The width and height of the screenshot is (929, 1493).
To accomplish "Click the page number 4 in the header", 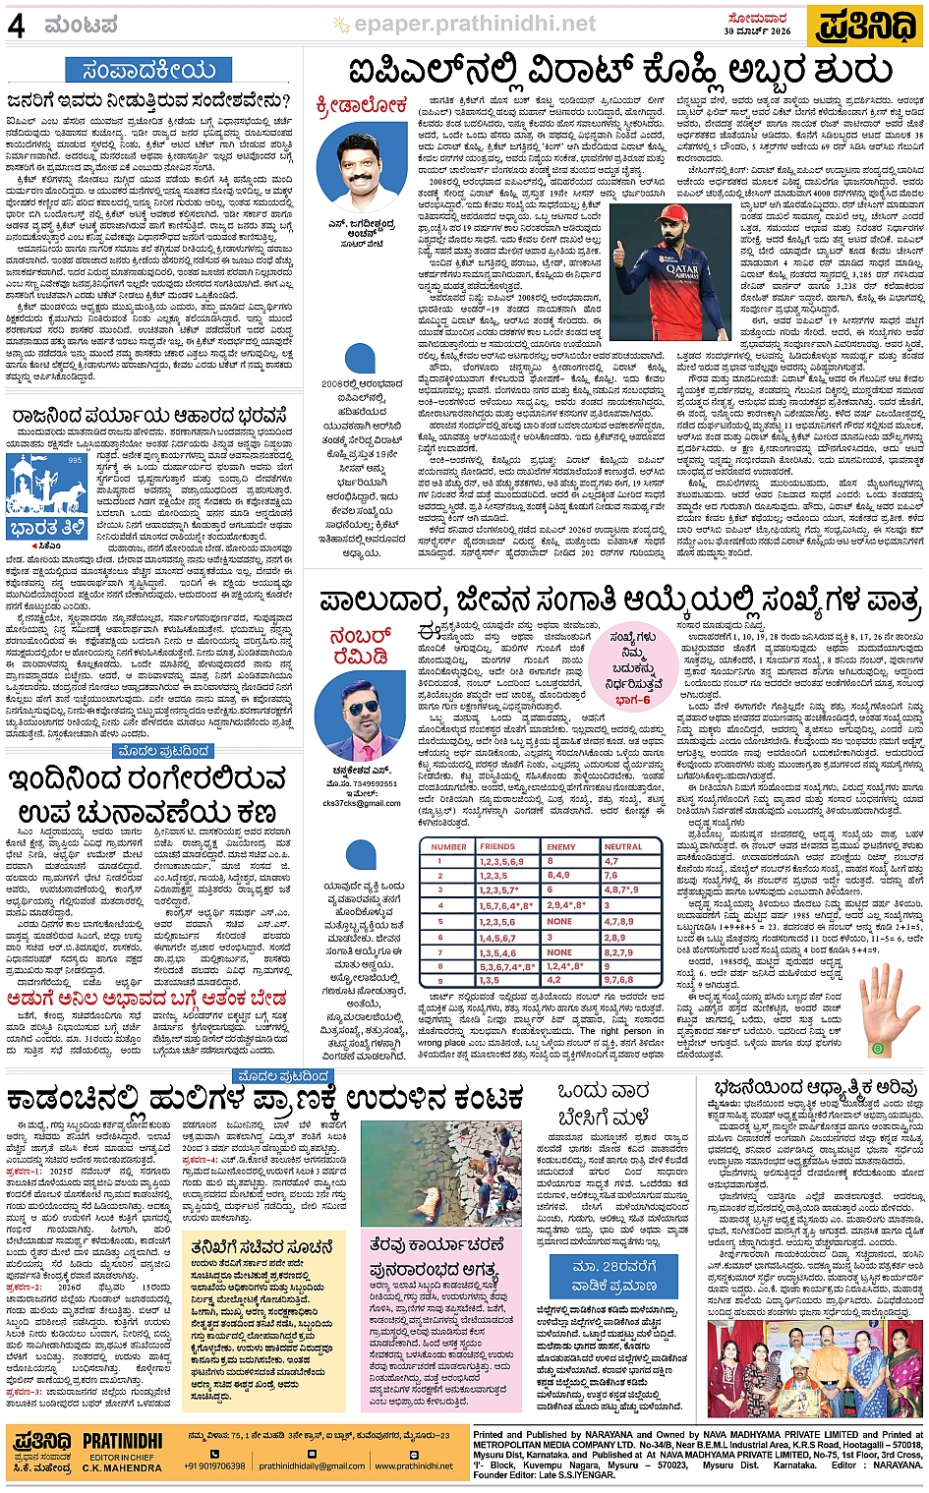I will tap(16, 27).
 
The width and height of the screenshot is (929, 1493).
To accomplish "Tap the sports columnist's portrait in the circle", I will tap(362, 157).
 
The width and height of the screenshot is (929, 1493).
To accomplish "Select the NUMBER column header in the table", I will tap(448, 846).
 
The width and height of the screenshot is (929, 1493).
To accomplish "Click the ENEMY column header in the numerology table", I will tap(561, 846).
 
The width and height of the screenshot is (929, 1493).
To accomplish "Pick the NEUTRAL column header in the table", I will tap(623, 846).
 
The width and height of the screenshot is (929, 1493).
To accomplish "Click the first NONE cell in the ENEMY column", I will tap(559, 921).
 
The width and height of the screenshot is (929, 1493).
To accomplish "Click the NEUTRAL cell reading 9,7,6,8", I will tap(618, 980).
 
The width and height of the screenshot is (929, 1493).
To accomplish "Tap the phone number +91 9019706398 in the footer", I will tap(214, 1465).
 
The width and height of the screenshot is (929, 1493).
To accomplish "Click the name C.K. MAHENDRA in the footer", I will tap(122, 1467).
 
